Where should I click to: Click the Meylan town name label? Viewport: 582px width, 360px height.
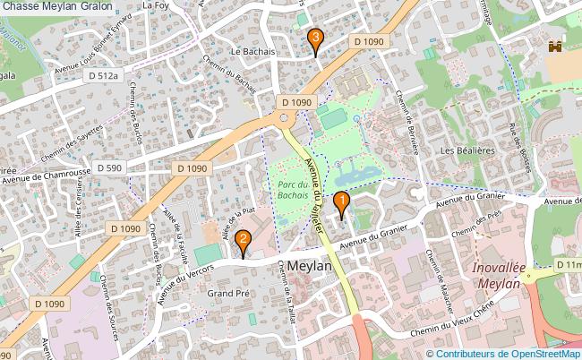[311, 267]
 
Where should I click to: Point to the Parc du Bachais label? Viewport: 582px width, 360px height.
[291, 189]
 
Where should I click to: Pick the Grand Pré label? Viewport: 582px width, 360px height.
[227, 293]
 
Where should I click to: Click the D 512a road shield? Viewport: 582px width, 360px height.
[104, 77]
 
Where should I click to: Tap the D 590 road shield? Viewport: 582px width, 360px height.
[109, 167]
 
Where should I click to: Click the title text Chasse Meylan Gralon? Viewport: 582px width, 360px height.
[57, 7]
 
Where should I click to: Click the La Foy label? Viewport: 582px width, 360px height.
[156, 5]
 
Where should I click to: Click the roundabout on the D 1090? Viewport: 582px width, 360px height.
[284, 118]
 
